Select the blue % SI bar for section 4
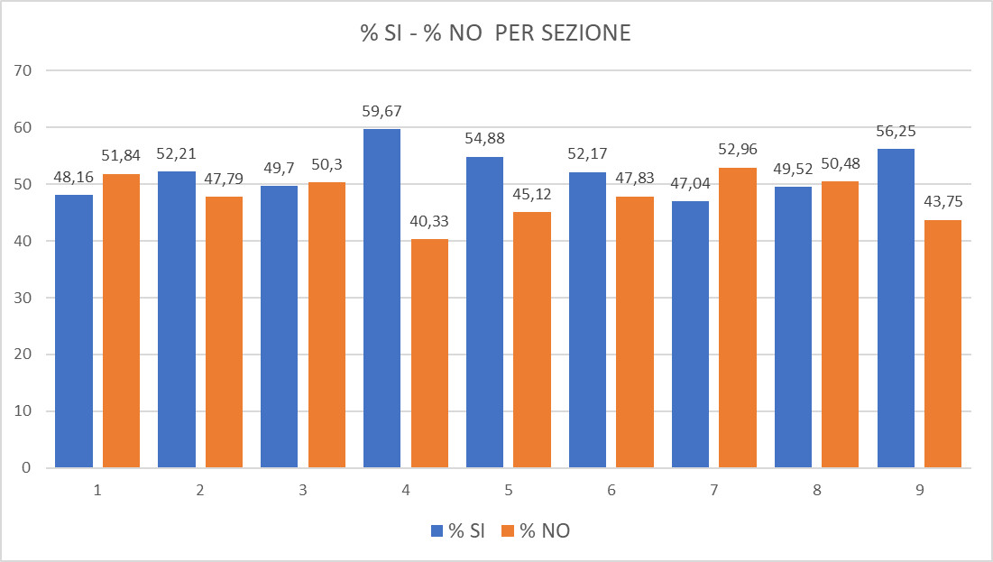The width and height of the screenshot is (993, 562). click(382, 298)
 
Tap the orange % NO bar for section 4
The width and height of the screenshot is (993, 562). click(429, 353)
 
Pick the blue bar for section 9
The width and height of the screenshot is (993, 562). click(896, 308)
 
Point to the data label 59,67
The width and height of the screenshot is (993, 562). click(382, 112)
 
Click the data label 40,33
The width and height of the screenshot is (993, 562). click(429, 222)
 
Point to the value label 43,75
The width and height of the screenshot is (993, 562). click(943, 202)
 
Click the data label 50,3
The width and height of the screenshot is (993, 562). click(326, 165)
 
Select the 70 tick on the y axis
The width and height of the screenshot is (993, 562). click(23, 70)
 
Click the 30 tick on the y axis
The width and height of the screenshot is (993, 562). click(23, 298)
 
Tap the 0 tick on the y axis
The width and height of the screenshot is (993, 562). click(27, 468)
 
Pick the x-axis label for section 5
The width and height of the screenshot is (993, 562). click(509, 491)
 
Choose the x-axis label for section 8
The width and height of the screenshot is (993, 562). click(817, 491)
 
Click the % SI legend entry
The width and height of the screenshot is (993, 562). click(459, 530)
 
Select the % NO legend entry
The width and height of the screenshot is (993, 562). click(541, 530)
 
